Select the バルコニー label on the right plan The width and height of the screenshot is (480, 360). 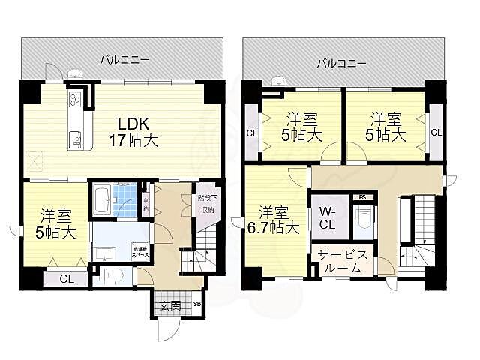340,63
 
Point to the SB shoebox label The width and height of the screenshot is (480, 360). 197,304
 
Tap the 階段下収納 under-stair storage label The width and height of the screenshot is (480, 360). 205,205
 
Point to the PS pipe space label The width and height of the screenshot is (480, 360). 362,197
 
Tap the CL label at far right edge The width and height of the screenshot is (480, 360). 436,133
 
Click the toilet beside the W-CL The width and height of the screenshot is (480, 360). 364,220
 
